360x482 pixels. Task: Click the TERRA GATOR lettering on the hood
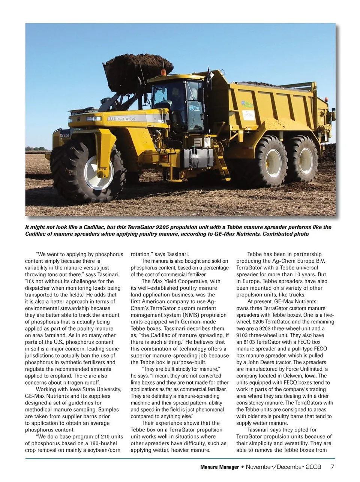[122, 118]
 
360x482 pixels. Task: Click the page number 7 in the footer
[332, 467]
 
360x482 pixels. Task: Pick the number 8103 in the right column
[251, 342]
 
